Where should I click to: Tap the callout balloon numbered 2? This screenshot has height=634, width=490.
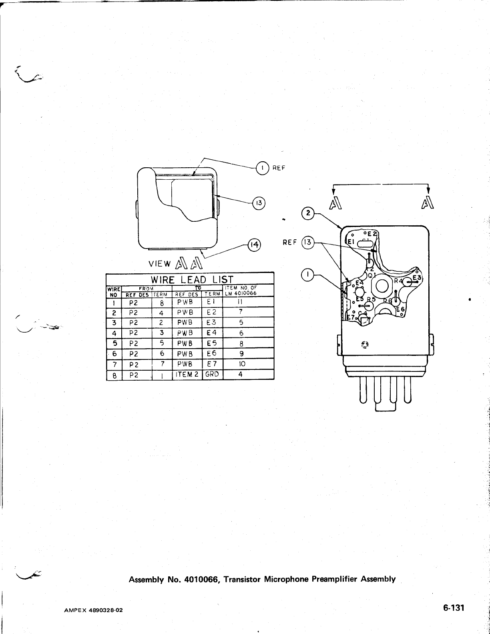click(308, 213)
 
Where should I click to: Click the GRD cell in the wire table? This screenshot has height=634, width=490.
click(212, 375)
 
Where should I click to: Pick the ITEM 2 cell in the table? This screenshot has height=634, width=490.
click(187, 375)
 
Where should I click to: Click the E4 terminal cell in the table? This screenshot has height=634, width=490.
click(212, 333)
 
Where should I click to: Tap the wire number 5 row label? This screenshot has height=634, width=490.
click(114, 343)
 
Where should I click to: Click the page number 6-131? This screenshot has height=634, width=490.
click(453, 608)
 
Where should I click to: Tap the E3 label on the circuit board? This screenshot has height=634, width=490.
click(417, 278)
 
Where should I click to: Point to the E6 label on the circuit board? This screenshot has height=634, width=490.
click(401, 310)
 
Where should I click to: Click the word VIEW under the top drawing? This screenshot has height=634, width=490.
click(160, 264)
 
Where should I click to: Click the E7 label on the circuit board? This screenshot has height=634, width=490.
click(351, 317)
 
